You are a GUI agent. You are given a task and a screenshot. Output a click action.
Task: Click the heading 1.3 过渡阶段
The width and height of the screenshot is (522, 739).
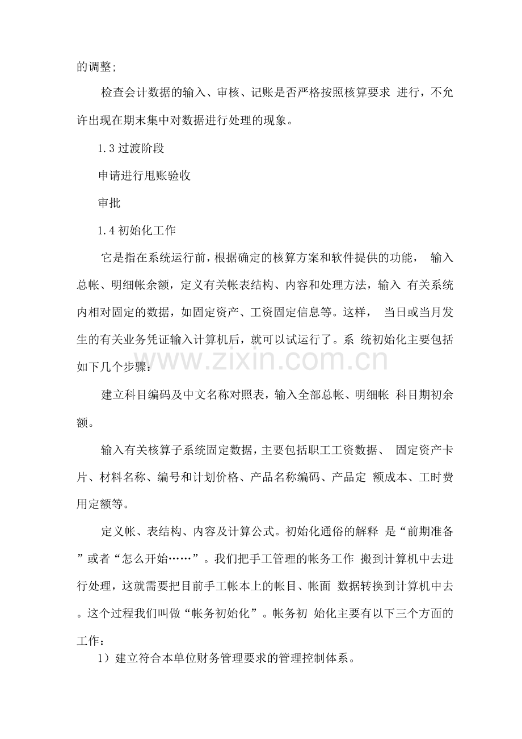(131, 149)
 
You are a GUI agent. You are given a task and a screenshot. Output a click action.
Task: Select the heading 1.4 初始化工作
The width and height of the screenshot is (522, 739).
(137, 230)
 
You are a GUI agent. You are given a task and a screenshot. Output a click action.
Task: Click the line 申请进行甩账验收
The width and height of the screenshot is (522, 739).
(144, 176)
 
